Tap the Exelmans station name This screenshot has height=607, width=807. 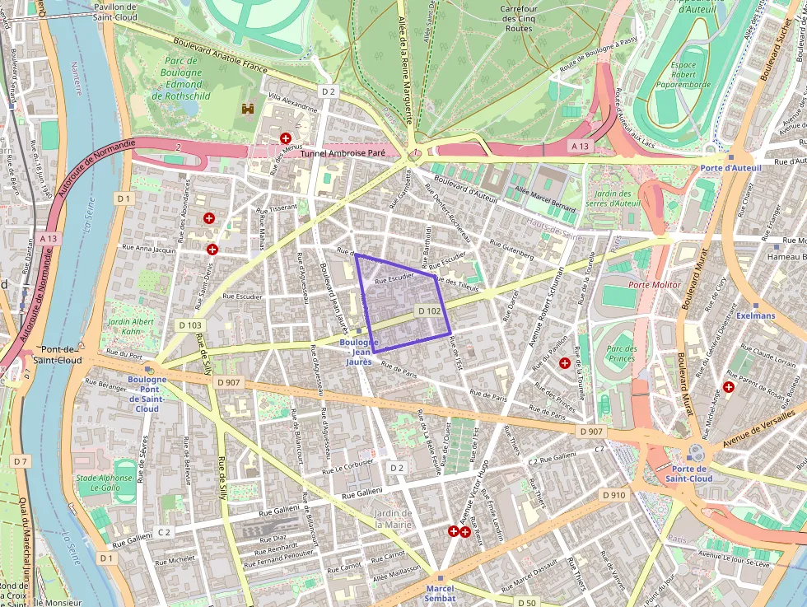[756, 315]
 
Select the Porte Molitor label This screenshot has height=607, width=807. [654, 285]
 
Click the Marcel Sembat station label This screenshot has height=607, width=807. [440, 593]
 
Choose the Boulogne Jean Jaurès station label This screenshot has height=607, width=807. [358, 352]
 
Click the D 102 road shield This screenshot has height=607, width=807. [428, 311]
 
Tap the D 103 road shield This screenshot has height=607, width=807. [189, 325]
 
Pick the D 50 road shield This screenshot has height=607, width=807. [526, 603]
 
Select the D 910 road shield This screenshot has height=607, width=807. [613, 495]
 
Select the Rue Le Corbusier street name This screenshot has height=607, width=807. [348, 467]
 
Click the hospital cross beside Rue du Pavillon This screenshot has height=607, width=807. [564, 362]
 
